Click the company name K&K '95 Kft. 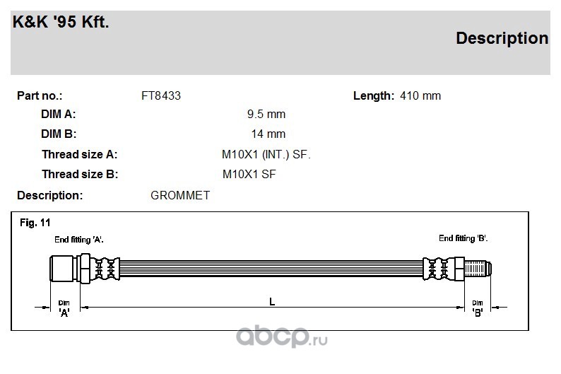click(x=61, y=22)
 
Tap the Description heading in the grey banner click(x=502, y=38)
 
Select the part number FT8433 click(x=161, y=95)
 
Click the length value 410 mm click(x=420, y=95)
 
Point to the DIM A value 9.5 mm click(x=266, y=114)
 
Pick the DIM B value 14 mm click(x=268, y=134)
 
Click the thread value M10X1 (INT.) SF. click(x=266, y=154)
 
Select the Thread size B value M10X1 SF click(x=249, y=174)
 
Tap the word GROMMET click(x=180, y=195)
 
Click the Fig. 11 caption click(x=35, y=223)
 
